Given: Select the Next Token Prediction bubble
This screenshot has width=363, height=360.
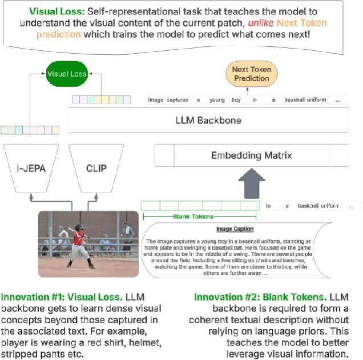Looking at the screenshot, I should click(251, 74).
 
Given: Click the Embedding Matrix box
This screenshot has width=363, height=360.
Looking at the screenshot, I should click(252, 155).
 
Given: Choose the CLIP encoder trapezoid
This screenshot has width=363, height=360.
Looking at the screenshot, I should click(95, 169).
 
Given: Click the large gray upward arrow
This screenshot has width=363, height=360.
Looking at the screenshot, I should click(251, 184).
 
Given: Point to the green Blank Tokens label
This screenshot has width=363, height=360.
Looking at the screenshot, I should click(194, 217).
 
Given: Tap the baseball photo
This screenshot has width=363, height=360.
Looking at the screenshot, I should click(88, 244).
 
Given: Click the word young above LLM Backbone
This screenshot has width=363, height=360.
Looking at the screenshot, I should click(216, 100).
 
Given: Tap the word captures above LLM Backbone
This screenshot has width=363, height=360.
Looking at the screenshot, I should click(178, 100).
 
